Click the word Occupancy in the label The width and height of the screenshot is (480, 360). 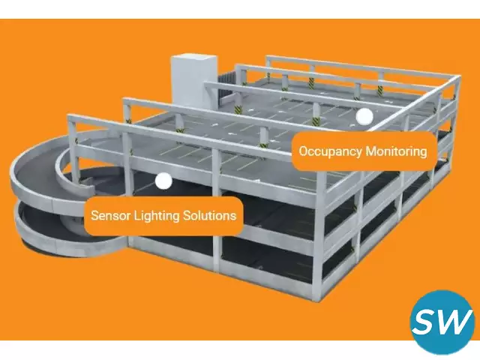click(x=330, y=151)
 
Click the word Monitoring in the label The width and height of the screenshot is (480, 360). click(x=396, y=151)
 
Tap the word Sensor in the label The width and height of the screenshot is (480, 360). click(x=109, y=215)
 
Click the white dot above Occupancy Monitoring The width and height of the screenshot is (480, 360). click(x=364, y=116)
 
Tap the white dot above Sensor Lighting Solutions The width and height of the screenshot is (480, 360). click(x=163, y=181)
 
